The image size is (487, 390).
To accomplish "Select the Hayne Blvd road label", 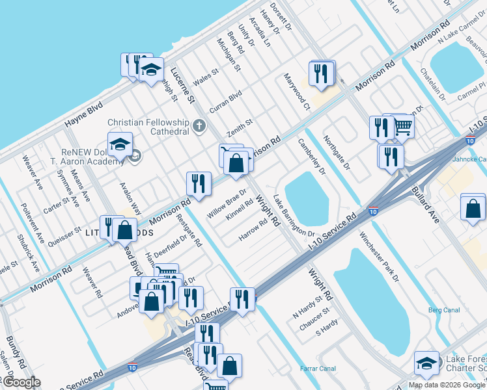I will coord(84,116).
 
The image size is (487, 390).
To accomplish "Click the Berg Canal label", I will coord(444,309).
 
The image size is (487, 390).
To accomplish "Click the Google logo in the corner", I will coord(21,383).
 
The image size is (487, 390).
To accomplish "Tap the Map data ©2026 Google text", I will coord(447,385).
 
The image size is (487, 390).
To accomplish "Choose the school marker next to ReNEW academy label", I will coord(120,146).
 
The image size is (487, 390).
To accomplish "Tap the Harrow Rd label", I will coord(253,231).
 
